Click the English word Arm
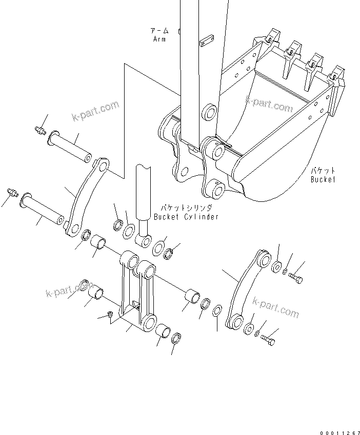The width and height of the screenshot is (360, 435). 159,39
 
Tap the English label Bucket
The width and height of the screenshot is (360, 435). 323,179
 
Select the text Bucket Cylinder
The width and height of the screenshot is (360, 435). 186,217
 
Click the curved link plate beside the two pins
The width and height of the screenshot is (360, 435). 85,197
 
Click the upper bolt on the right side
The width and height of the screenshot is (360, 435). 296,278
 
